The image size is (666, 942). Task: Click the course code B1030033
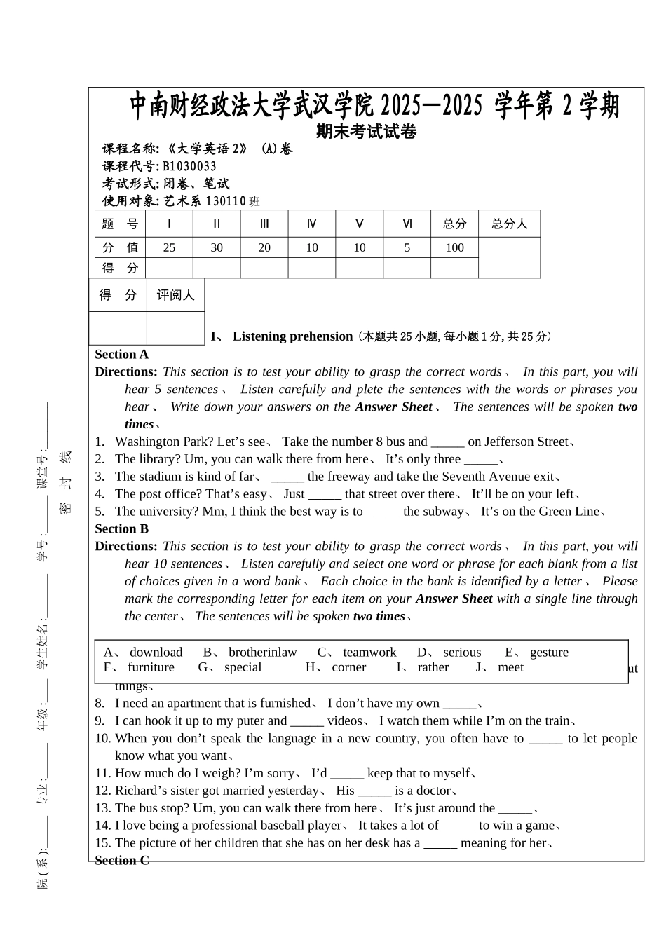pos(189,166)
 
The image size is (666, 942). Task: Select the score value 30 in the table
pos(217,247)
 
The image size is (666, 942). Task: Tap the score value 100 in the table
pos(454,247)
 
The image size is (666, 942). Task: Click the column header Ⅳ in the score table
pos(312,224)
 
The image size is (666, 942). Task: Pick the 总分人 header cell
pos(509,224)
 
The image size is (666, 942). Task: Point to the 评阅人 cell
pos(175,295)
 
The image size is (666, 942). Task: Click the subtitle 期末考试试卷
pos(366,131)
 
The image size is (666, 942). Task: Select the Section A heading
pos(122,355)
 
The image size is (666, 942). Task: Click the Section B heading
pos(122,529)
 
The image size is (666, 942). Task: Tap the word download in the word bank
pos(156,653)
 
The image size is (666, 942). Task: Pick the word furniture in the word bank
pos(151,667)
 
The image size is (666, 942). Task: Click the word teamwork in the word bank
pos(369,653)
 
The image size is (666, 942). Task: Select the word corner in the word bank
pos(348,667)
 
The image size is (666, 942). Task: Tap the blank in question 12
pos(374,791)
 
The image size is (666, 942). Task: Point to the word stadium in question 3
pos(161,477)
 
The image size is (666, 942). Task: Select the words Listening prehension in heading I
pos(292,336)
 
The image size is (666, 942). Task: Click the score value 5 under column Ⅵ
pos(407,247)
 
